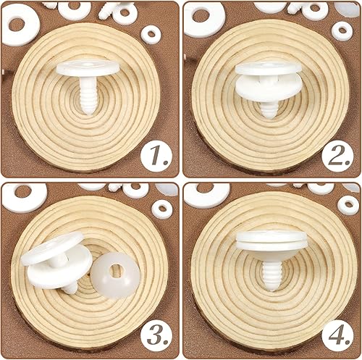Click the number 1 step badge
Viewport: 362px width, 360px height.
pos(156,156)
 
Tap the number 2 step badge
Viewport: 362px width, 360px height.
pos(337,156)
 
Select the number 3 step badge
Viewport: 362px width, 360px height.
pos(156,335)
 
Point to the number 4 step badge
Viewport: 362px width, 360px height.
pos(337,335)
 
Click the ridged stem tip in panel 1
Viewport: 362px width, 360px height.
pos(88,110)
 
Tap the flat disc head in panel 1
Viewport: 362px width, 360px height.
pos(88,67)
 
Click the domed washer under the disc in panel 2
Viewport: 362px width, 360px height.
pos(269,86)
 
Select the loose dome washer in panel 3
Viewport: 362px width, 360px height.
pos(115,275)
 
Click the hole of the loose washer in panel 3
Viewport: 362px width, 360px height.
pos(117,270)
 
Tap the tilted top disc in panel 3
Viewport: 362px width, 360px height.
pos(52,248)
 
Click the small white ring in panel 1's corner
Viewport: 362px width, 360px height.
pos(151,35)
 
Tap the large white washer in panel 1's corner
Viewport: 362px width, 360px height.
pos(20,25)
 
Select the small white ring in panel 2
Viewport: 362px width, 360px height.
pos(342,31)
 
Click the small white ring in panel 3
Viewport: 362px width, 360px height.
pos(162,209)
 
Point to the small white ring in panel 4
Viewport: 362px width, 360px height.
pos(348,205)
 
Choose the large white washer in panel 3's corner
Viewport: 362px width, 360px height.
pos(24,197)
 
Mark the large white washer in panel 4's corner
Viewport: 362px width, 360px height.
pos(207,194)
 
